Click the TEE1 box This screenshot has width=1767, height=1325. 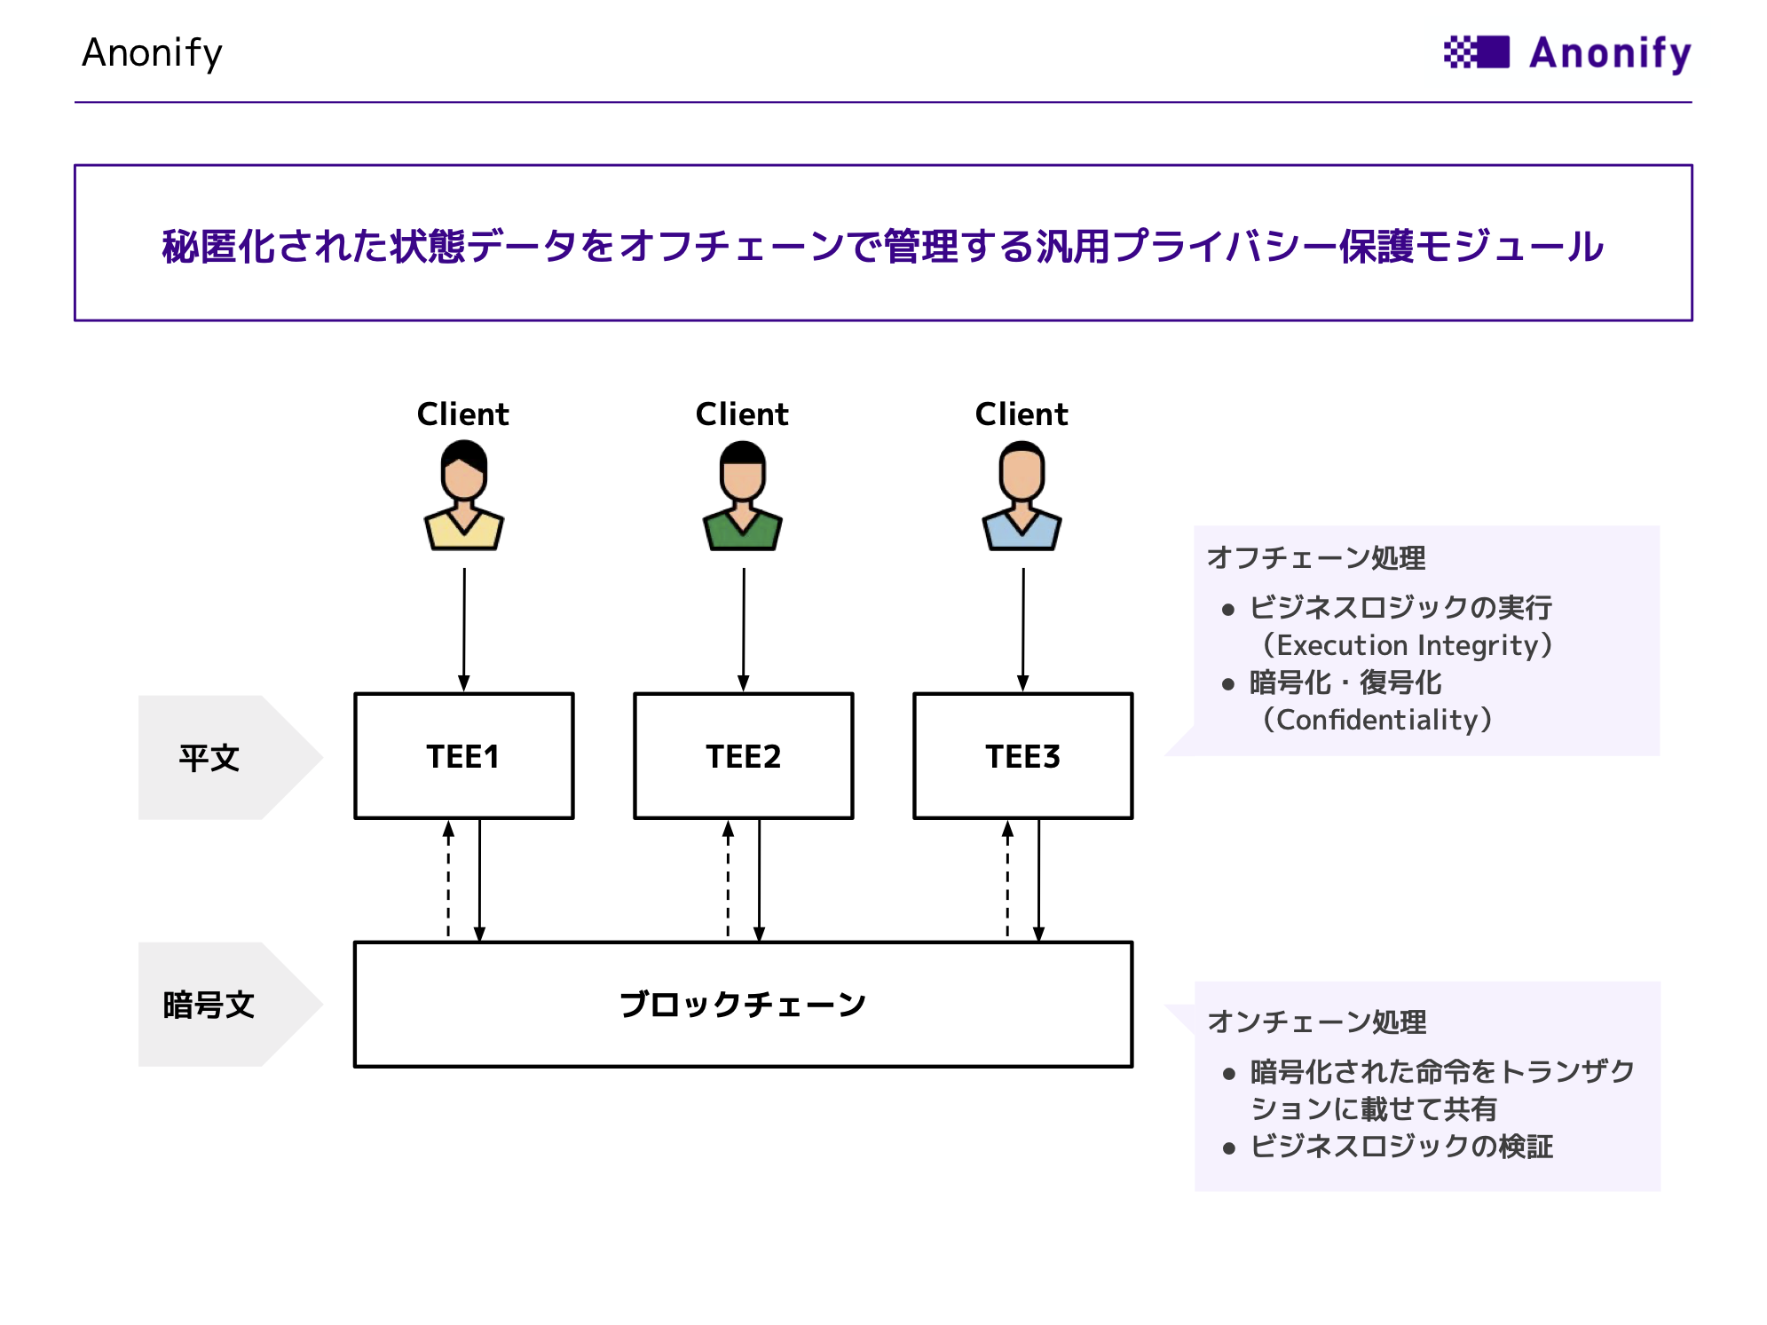(x=463, y=756)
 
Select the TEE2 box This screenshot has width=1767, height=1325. (x=743, y=756)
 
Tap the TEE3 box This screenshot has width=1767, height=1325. (x=1022, y=756)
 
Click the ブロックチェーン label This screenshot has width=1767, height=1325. (x=743, y=1005)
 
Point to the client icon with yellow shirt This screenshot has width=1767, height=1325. (x=464, y=496)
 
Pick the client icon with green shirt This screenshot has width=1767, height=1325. (x=743, y=496)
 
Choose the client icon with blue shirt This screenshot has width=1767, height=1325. (x=1022, y=496)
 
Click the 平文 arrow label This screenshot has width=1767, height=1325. (x=230, y=757)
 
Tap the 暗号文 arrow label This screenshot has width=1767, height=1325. (x=230, y=1005)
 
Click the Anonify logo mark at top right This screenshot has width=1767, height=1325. (x=1477, y=52)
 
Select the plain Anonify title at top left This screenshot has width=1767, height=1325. (x=152, y=53)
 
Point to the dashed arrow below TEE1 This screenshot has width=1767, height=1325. (x=448, y=879)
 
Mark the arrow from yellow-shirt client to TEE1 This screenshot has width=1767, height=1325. (x=464, y=629)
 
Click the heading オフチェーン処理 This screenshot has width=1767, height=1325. (x=1316, y=557)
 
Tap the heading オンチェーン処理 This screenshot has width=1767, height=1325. (x=1317, y=1021)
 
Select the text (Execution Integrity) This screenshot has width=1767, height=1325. (x=1407, y=645)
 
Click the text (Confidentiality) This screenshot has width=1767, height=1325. (x=1377, y=720)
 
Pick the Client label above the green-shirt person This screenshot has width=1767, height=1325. (x=742, y=414)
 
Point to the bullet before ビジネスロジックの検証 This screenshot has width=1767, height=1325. (x=1229, y=1148)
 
